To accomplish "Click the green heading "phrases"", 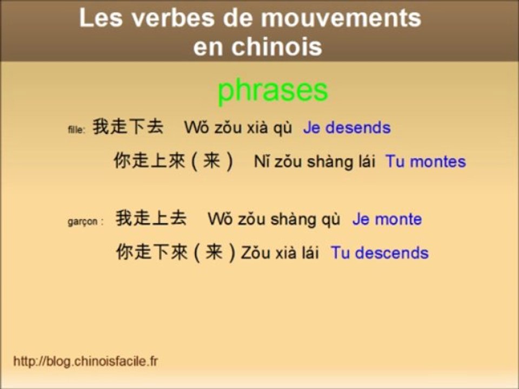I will (x=272, y=91).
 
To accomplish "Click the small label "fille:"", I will (x=76, y=130).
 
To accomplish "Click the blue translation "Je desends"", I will (x=347, y=128).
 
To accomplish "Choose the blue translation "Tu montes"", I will (x=425, y=162).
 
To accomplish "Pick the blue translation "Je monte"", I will (x=387, y=219).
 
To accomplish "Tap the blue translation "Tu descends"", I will (x=380, y=253).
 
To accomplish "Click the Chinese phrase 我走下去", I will (x=128, y=127).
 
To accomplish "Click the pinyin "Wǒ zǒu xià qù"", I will (x=238, y=128).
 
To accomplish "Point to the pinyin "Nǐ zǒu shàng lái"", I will (x=315, y=162).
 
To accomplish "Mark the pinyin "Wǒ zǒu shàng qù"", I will (x=274, y=219).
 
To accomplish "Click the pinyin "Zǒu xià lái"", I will (x=280, y=253).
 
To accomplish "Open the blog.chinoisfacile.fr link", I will (x=85, y=361).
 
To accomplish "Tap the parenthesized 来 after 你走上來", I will (x=211, y=161).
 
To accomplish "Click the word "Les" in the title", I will (x=100, y=18).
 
